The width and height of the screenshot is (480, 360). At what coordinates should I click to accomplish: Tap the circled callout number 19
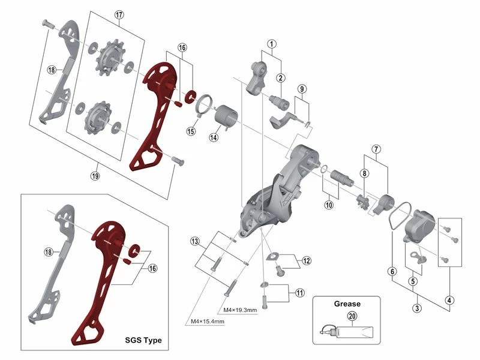(x=95, y=176)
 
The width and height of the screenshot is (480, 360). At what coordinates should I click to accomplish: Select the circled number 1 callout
(x=271, y=44)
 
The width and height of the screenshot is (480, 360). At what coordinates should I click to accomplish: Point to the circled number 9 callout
(x=302, y=89)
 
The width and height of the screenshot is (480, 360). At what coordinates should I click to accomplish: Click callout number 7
(x=376, y=149)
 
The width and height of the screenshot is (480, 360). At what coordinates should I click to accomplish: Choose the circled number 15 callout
(x=191, y=131)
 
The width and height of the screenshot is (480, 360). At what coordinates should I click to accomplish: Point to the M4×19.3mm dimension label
(x=240, y=310)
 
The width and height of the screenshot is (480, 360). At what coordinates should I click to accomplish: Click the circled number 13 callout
(x=194, y=241)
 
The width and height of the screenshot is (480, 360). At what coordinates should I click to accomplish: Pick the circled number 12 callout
(x=307, y=260)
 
